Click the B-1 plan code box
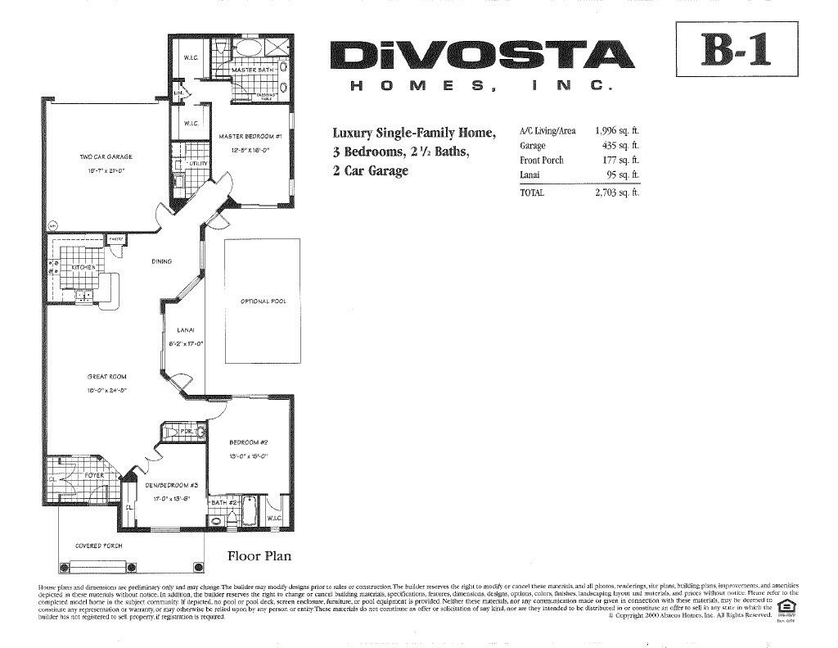click(x=737, y=48)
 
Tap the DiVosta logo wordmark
click(x=482, y=56)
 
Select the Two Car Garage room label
click(x=106, y=156)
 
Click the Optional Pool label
click(x=264, y=301)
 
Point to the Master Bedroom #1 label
click(x=250, y=136)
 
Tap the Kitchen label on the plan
click(x=83, y=267)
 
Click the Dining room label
click(x=161, y=261)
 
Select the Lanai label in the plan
click(x=184, y=330)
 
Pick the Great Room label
click(x=106, y=377)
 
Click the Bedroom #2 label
click(x=244, y=442)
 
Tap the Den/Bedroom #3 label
click(x=167, y=485)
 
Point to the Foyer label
click(x=94, y=475)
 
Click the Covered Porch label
click(x=98, y=546)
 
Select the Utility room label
click(x=199, y=163)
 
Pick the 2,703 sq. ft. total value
click(x=616, y=193)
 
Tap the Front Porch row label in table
click(x=542, y=161)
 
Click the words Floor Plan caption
click(x=259, y=556)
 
